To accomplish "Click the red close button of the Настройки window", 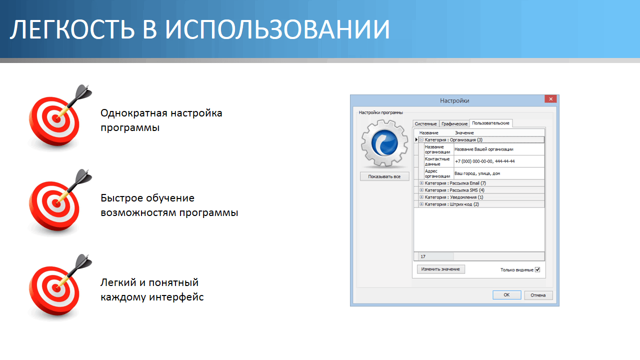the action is pos(550,99).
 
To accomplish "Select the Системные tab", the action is pos(425,123).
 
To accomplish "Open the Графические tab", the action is pos(454,123).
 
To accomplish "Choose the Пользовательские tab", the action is pos(490,123).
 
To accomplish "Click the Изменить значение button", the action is pos(440,269).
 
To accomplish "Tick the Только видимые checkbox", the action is pos(537,269).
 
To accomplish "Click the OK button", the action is pos(506,295).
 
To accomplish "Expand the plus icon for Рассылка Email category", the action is pos(421,183).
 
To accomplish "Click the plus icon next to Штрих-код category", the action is pos(421,204).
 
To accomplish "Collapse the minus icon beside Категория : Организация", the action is pos(421,139).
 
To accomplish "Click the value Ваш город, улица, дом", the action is pos(477,173).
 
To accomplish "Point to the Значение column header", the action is pos(464,133).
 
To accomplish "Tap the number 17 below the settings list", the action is pos(423,256).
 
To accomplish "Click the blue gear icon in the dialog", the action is pos(384,143).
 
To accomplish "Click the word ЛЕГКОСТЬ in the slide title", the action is pos(72,29).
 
